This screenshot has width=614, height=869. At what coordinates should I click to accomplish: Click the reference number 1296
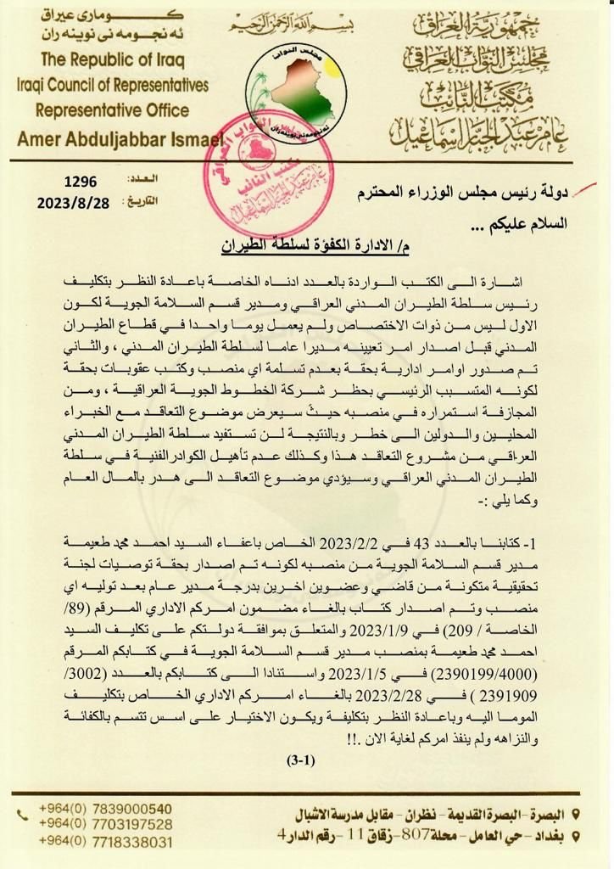pos(81,181)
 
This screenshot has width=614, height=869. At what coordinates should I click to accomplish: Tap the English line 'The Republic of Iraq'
pos(112,62)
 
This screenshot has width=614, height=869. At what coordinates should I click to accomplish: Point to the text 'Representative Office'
pos(112,110)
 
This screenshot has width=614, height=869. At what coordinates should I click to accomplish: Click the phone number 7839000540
pos(105,809)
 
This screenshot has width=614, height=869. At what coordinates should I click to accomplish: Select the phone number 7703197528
pos(105,824)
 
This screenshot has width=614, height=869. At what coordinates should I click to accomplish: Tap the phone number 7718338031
pos(105,842)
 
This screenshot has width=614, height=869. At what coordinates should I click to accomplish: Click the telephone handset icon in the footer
pos(22,816)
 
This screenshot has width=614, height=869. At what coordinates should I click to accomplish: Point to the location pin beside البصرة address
pos(577,815)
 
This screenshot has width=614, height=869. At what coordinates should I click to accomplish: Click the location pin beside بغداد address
pos(577,835)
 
